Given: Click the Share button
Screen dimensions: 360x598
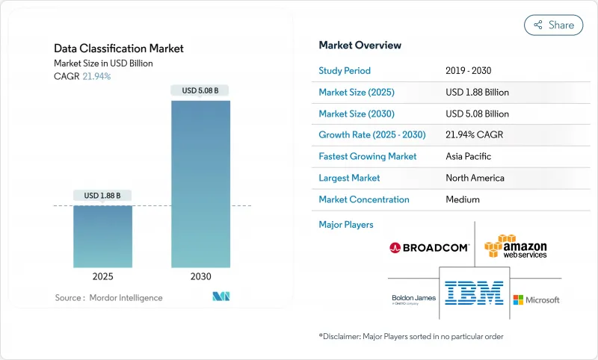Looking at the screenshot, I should tap(554, 25).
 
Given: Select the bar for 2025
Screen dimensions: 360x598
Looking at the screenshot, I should tap(102, 236).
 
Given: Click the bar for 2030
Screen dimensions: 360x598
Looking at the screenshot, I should tap(200, 184).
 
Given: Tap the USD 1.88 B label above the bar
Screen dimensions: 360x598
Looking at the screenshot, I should tap(102, 196).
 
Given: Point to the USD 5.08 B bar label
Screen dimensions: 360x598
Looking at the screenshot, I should tap(200, 91).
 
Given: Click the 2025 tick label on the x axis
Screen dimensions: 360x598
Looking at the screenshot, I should tap(102, 276).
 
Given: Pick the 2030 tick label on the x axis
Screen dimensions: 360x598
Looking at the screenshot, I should tap(200, 276).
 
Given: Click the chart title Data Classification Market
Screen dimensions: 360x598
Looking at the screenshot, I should tap(118, 49).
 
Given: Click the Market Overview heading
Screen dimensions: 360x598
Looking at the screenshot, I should tap(360, 45).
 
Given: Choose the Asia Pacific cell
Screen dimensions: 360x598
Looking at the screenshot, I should tap(468, 157).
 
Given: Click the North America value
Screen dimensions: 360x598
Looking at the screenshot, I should tap(474, 178).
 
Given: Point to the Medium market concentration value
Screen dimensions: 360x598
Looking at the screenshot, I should tap(462, 199).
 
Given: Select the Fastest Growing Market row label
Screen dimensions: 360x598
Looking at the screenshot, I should tap(368, 157).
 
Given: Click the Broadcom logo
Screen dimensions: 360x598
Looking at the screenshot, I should tap(429, 247).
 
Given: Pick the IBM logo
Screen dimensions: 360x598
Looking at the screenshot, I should tap(474, 292).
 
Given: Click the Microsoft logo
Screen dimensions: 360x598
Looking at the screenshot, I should tap(536, 300).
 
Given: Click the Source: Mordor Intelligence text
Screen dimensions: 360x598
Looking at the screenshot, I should tap(108, 298).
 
